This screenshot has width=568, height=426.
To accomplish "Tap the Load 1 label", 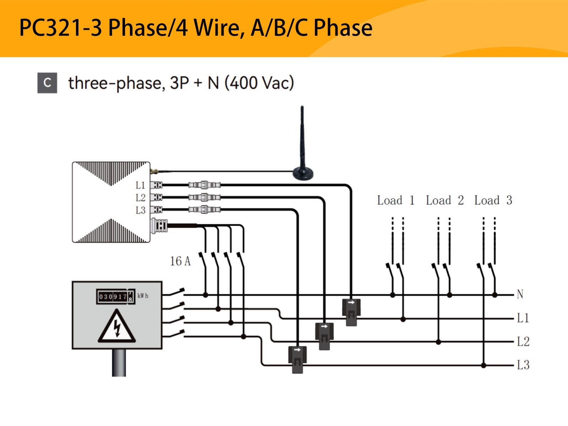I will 395,201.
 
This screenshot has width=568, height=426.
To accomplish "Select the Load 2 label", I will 444,201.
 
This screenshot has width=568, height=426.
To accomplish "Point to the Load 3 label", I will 493,201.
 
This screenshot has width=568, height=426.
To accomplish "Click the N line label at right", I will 520,294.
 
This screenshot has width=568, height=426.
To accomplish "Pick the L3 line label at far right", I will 523,365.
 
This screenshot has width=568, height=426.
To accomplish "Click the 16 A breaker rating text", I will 180,261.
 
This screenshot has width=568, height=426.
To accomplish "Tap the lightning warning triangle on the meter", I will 117,327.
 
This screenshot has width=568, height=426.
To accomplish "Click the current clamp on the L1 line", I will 351,312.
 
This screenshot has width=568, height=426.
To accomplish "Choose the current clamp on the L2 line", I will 324,336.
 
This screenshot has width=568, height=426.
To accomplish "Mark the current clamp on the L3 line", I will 297,359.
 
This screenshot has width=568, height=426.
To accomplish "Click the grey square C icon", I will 47,83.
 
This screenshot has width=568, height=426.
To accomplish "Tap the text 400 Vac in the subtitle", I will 259,83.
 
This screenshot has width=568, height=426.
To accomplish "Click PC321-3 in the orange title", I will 60,28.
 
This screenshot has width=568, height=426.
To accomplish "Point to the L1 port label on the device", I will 141,185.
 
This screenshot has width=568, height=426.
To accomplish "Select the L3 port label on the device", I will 141,210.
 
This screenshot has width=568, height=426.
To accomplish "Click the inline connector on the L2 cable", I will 204,197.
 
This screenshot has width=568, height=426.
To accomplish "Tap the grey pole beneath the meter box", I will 119,362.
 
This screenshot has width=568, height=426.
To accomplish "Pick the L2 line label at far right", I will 523,342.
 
